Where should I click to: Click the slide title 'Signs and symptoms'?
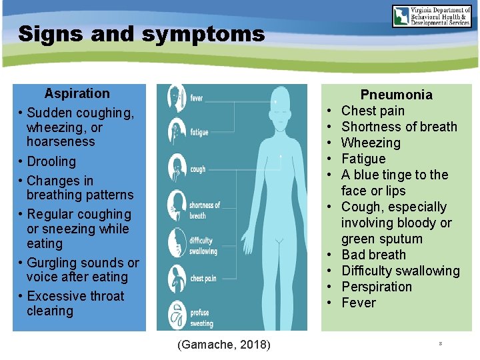pos(141,34)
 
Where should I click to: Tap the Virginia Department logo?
pos(431,16)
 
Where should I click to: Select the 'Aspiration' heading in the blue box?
pos(77,93)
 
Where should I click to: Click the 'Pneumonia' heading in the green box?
pos(396,95)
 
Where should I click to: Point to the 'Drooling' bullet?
pos(51,161)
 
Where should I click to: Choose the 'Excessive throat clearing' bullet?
pos(75,303)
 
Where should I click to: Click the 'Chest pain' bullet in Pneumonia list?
pos(373,111)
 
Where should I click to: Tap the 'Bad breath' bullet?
pos(373,255)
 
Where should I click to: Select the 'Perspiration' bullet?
pos(376,287)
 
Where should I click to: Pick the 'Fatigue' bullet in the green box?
pos(363,159)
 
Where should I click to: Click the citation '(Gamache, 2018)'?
pos(224,344)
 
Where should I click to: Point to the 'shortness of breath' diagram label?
pos(205,210)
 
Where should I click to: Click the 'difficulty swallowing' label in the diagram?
pos(203,246)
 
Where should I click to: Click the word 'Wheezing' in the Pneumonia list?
pos(371,143)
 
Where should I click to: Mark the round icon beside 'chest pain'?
pos(177,275)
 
